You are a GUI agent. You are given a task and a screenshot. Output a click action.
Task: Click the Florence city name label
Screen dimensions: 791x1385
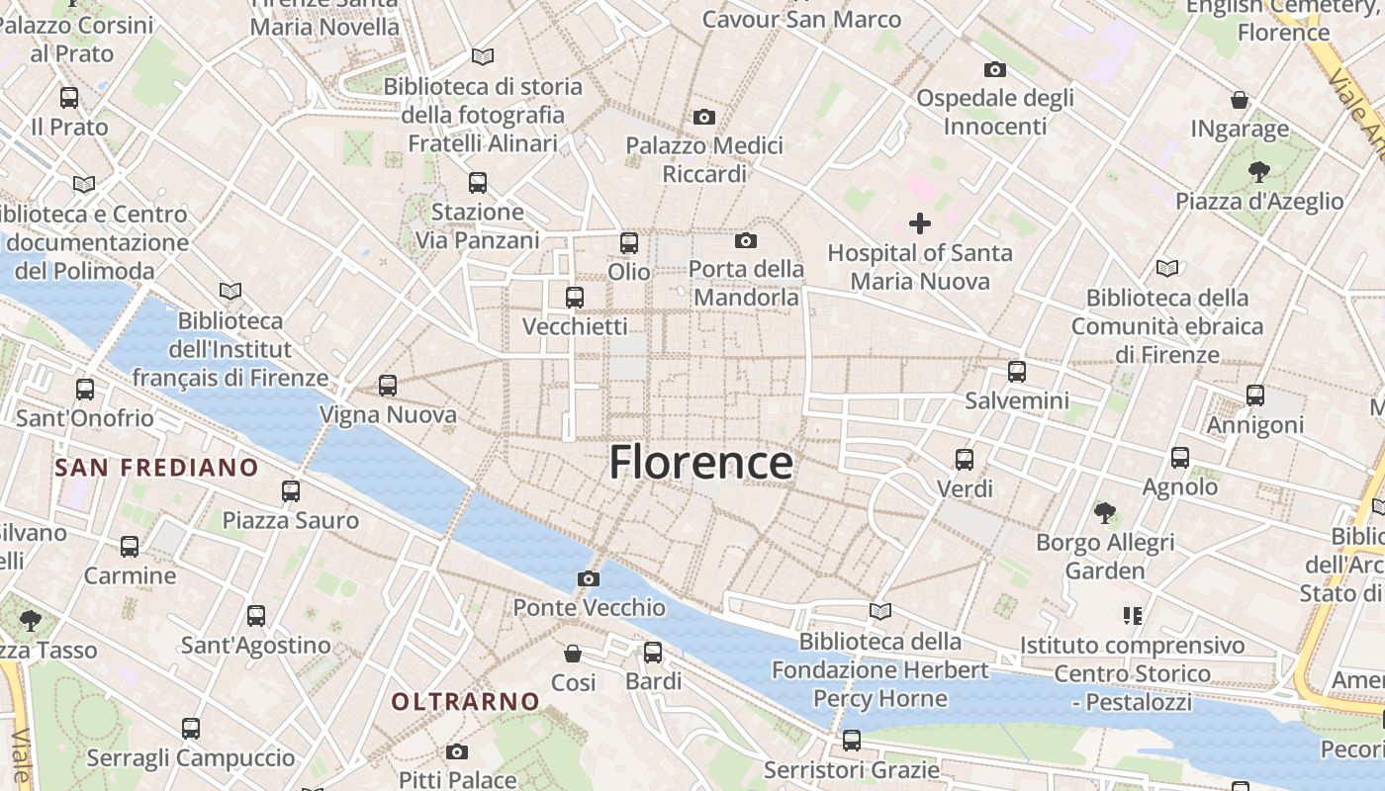coord(700,463)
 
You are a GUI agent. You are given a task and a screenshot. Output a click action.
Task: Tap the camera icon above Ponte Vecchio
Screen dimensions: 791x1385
coord(589,578)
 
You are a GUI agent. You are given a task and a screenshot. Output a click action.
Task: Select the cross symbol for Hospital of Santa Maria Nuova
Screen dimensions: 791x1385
coord(920,223)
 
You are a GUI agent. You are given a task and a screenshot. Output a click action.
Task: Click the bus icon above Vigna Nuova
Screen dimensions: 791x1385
coord(388,386)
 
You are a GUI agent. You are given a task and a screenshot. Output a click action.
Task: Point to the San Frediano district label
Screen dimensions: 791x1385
coord(157,468)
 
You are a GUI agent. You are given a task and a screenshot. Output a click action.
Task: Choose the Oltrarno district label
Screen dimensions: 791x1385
coord(466,702)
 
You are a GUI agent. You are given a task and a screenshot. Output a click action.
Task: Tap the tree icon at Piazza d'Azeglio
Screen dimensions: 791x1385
coord(1259,172)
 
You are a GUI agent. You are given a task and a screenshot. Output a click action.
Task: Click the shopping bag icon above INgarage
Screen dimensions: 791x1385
coord(1240,100)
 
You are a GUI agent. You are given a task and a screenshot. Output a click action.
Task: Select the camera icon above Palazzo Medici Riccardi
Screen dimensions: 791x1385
coord(704,117)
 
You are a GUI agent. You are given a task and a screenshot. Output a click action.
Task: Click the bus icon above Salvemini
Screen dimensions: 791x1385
coord(1017,372)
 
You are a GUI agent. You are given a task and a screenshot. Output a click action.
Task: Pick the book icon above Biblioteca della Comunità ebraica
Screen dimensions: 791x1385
coord(1167,268)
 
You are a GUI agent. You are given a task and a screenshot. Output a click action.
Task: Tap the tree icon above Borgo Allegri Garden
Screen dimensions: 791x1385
coord(1105,513)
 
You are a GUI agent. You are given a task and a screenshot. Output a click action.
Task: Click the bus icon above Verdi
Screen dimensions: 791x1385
coord(965,460)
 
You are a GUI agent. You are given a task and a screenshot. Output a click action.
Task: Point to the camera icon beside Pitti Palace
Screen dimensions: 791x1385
coord(457,751)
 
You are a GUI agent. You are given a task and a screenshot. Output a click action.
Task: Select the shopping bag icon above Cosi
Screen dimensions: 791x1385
coord(573,654)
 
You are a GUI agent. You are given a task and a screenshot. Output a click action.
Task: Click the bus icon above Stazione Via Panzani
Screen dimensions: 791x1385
coord(478,183)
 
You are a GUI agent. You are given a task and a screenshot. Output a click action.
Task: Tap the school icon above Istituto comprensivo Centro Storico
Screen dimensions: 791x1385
coord(1133,616)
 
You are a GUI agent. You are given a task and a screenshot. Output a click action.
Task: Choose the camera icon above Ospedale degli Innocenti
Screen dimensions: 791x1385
coord(995,69)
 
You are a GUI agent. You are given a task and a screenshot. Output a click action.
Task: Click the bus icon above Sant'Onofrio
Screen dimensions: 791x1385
coord(85,390)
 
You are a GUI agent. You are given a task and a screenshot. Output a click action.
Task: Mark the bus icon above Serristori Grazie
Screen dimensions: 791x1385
coord(852,740)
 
